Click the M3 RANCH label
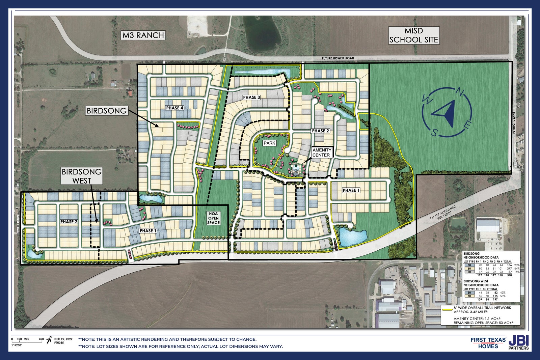click(143, 35)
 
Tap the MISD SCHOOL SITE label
click(413, 35)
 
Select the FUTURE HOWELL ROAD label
click(338, 58)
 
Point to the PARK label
click(269, 143)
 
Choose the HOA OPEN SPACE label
click(213, 218)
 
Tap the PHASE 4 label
click(174, 108)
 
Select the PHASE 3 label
click(251, 98)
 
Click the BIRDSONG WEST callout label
click(82, 176)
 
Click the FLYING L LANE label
click(513, 123)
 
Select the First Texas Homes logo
click(488, 343)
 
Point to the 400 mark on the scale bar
click(41, 339)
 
